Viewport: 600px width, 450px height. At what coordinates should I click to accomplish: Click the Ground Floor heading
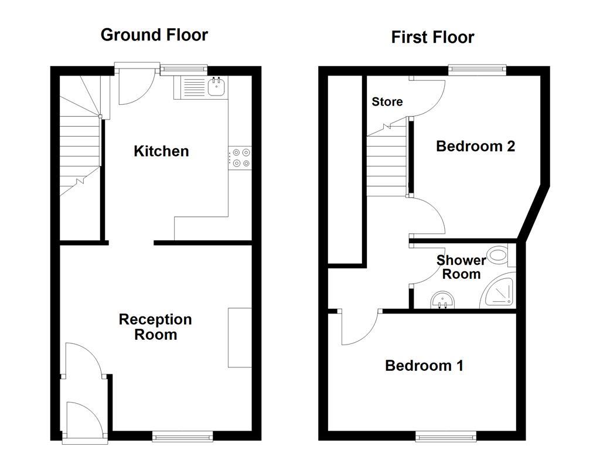coord(154,35)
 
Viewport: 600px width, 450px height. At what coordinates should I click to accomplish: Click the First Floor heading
coord(432,37)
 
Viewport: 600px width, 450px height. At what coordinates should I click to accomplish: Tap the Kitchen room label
coord(161,151)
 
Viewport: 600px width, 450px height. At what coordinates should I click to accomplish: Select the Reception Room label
coord(155,327)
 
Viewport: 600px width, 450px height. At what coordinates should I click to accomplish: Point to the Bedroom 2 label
coord(475,146)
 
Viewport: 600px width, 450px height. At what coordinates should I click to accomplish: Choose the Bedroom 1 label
coord(424,366)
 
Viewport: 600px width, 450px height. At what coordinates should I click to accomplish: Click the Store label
coord(387,102)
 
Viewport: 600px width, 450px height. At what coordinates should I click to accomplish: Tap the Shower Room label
coord(461,267)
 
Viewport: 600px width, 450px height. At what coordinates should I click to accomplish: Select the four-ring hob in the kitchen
coord(240,158)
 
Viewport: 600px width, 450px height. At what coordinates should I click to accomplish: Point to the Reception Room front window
coord(182,436)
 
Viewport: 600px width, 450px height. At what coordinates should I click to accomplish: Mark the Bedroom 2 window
coord(477,69)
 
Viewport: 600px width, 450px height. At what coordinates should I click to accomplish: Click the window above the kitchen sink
coord(184,69)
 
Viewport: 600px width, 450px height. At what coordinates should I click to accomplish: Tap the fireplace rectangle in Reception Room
coord(240,337)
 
